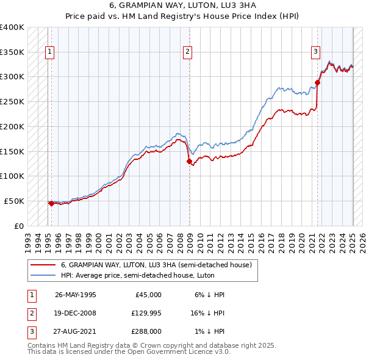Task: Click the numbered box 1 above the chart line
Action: (49, 52)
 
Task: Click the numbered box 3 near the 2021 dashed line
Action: (316, 52)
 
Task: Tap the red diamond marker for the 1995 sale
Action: (51, 204)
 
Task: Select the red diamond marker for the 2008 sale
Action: (189, 161)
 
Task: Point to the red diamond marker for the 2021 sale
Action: (318, 82)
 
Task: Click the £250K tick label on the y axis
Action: (12, 101)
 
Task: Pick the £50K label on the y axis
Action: (14, 201)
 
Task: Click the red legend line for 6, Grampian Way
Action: (43, 265)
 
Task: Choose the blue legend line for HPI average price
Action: (43, 275)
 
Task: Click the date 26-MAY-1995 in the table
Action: (76, 295)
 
